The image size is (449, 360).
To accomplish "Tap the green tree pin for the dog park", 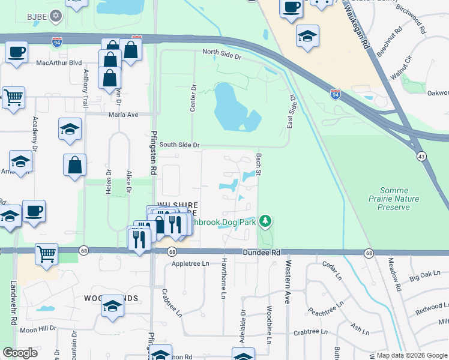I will point(265,223).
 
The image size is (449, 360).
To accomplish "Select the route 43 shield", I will point(421,155).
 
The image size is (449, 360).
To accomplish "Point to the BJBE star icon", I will point(56,16).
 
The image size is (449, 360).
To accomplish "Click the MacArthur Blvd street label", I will point(59,62).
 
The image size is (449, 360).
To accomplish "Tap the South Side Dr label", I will point(179,145).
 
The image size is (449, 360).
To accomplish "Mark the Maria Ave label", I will point(123,115).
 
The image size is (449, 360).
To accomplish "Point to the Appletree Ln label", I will point(190,263).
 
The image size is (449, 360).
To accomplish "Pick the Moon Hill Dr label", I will point(37,329).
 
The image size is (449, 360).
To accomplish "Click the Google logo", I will point(20,353).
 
